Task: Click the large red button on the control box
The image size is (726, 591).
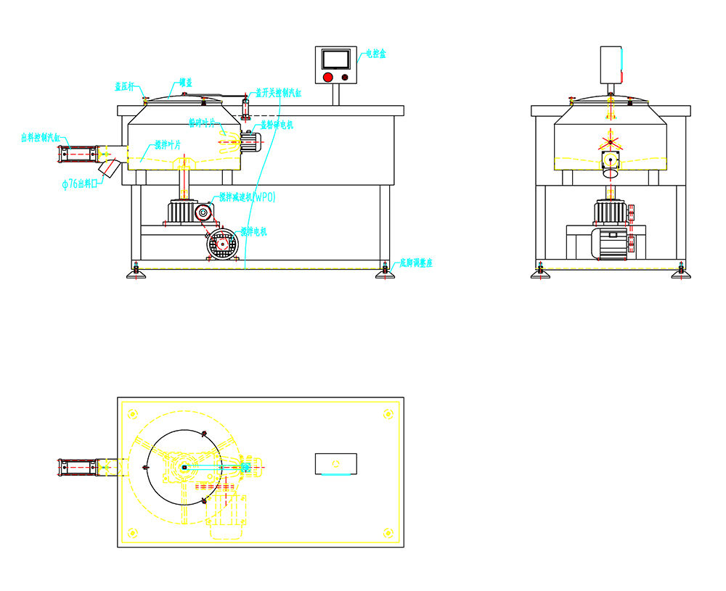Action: coord(327,77)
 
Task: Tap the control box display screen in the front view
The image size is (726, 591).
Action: coord(335,59)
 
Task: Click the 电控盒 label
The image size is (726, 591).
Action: coord(375,54)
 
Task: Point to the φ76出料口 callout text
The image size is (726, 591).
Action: coord(80,185)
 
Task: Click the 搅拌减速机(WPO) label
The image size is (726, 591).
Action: coord(248,197)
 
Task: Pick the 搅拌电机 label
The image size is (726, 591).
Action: coord(253,232)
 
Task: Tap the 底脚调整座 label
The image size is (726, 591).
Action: coord(415,263)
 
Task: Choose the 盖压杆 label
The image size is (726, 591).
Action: coord(125,86)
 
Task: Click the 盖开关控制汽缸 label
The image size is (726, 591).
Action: coord(278,93)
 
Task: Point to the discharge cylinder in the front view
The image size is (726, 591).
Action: coord(78,153)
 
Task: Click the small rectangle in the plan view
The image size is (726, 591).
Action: coord(335,463)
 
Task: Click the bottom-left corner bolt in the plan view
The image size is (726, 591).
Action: coord(132,534)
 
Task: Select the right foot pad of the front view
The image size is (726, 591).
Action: coord(386,275)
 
